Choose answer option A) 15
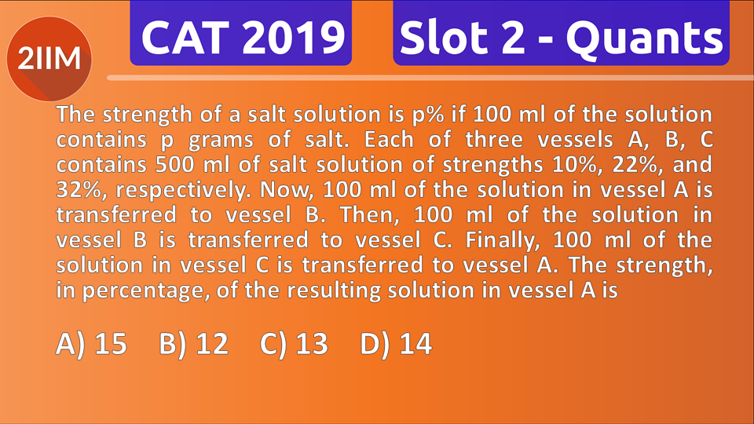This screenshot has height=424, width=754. coord(92,343)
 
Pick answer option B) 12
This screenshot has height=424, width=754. coord(193,343)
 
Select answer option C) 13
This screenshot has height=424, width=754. coord(293,343)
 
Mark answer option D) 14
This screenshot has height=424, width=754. coord(396,343)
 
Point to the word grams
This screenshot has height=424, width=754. coord(203,141)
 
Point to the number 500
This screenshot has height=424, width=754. coord(180,166)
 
